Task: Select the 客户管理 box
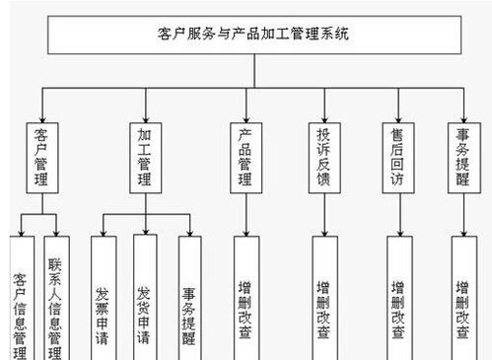click(40, 154)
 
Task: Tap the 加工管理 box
click(146, 154)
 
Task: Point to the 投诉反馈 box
click(323, 154)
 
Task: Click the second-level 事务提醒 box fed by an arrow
click(462, 154)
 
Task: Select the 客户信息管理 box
click(21, 296)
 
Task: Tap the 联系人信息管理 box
click(56, 296)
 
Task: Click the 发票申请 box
click(103, 296)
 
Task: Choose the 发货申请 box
click(144, 296)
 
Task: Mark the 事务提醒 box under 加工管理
click(188, 296)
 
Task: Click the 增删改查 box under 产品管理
click(246, 296)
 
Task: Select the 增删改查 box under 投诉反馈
click(323, 296)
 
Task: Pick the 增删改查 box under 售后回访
click(398, 296)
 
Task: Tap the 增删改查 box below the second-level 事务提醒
click(462, 296)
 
